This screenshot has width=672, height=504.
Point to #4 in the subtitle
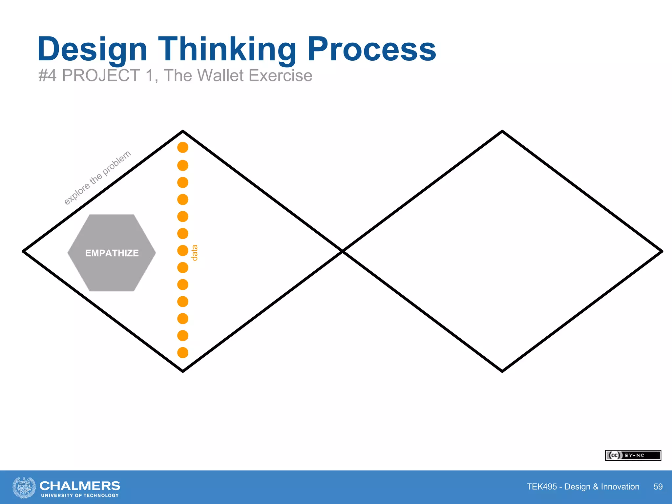(x=47, y=75)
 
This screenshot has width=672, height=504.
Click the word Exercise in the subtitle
(x=280, y=75)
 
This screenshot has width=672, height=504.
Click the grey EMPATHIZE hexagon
(x=112, y=253)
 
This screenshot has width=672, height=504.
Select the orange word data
(x=194, y=253)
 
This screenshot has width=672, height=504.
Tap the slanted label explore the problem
(x=97, y=178)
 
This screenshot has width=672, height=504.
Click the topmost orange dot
(x=183, y=148)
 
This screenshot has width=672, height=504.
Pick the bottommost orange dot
(x=183, y=353)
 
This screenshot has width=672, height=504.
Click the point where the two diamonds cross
(x=343, y=251)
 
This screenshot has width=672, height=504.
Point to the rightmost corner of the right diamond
(x=661, y=251)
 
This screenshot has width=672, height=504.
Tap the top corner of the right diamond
(x=502, y=132)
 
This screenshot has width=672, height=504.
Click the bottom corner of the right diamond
(x=502, y=371)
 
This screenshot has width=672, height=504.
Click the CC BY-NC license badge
(x=633, y=455)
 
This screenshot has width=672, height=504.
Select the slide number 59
(x=658, y=487)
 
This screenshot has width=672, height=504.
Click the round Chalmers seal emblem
(x=24, y=487)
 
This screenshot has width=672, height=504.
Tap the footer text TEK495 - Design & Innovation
(x=583, y=487)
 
